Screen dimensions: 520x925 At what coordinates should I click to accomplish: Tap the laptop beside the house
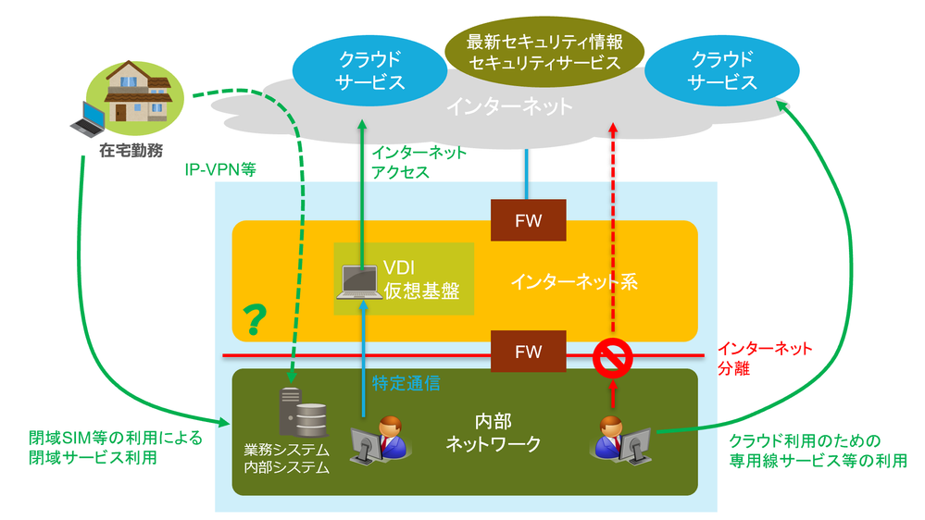point(89,118)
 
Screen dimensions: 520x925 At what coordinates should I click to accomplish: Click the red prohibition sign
point(611,357)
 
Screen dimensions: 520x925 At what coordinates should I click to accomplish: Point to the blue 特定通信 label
point(406,380)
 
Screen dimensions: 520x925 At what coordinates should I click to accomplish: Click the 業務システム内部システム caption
point(287,459)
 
